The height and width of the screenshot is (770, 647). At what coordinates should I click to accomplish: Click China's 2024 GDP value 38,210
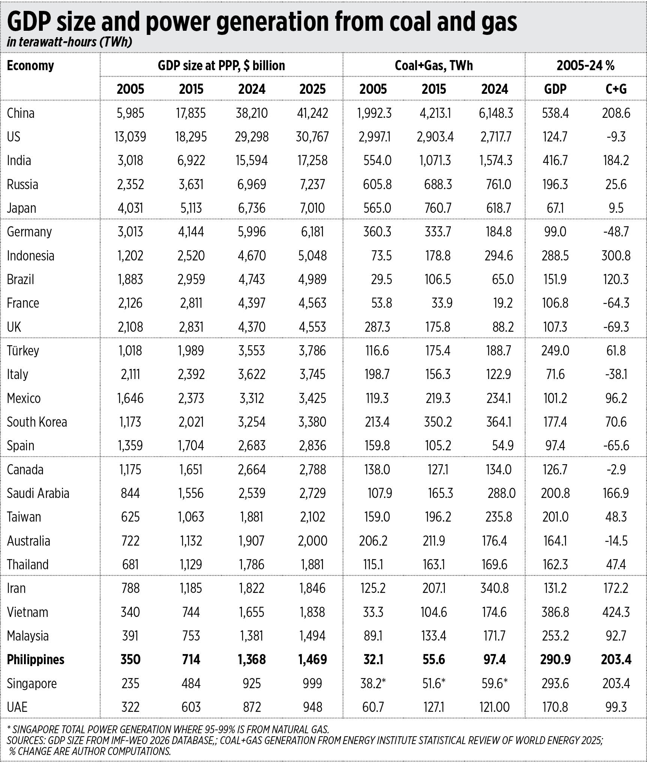(252, 113)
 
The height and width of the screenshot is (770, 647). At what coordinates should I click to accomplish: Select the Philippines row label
(36, 659)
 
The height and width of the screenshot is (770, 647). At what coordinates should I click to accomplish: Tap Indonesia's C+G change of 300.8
(616, 256)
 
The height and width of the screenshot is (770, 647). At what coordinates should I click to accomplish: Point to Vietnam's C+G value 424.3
(616, 612)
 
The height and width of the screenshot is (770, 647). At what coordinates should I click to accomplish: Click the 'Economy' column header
(30, 66)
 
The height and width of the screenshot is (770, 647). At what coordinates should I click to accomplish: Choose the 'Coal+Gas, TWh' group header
(434, 66)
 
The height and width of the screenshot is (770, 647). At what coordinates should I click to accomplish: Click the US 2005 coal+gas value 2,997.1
(374, 137)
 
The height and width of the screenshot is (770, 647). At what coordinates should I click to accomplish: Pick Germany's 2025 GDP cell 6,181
(312, 232)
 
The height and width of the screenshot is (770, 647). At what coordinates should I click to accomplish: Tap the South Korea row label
(37, 422)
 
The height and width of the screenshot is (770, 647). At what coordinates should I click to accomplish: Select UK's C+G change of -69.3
(616, 327)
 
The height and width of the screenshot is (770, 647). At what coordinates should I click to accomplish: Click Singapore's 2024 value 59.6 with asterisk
(494, 683)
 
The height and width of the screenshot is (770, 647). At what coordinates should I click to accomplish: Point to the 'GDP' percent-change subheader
(555, 89)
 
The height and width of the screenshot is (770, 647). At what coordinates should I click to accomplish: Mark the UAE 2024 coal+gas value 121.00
(494, 707)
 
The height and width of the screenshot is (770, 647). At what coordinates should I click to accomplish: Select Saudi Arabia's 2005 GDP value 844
(130, 493)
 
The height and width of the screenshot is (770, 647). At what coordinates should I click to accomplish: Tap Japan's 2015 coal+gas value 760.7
(438, 208)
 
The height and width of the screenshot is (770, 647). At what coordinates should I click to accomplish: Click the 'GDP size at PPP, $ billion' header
(221, 66)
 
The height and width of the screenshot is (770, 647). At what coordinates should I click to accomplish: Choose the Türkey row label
(23, 350)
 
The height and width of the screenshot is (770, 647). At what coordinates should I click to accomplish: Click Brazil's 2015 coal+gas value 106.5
(438, 279)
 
